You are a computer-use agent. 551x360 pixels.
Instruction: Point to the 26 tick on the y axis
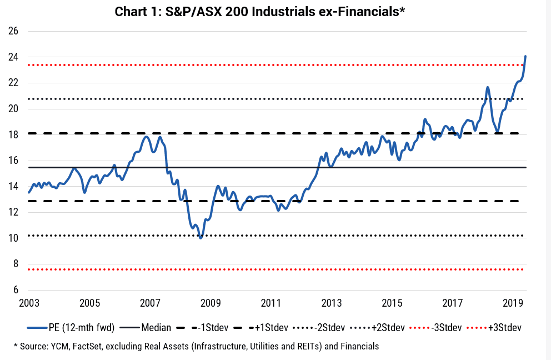point(13,31)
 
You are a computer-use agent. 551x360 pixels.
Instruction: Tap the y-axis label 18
point(13,134)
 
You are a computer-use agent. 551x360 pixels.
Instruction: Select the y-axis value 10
point(13,238)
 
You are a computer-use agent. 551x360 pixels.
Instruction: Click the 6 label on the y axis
point(16,289)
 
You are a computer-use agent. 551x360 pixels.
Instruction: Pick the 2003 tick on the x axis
point(29,303)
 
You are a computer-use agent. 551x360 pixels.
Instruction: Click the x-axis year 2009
point(211,303)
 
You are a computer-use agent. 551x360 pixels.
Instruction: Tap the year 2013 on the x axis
point(332,303)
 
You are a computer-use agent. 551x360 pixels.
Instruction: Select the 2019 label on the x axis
point(513,303)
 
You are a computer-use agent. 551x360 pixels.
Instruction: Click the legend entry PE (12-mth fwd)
point(82,328)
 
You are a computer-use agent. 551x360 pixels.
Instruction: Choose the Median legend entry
point(156,328)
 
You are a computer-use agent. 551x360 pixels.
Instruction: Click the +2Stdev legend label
point(388,328)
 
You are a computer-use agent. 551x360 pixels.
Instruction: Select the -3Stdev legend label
point(446,328)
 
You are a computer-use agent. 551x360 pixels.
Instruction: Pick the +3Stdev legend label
point(504,328)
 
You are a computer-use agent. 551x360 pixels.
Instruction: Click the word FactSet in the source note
point(87,347)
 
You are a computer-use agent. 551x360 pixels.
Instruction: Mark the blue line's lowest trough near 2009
point(201,238)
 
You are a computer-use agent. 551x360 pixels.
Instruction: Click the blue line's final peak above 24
point(525,56)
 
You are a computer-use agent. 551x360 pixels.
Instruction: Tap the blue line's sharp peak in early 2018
point(487,87)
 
